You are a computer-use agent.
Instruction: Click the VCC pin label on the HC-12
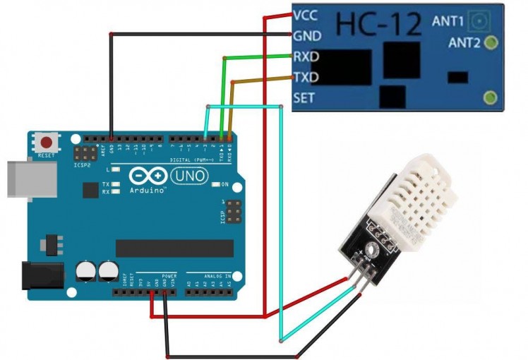[x=306, y=15]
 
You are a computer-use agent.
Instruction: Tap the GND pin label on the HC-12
[x=306, y=35]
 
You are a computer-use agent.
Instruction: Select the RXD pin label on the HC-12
[x=306, y=56]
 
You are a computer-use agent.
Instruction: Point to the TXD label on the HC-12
[x=306, y=77]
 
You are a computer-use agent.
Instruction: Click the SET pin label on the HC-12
[x=304, y=98]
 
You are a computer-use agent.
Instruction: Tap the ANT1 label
[x=448, y=20]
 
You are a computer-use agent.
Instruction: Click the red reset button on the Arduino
[x=47, y=142]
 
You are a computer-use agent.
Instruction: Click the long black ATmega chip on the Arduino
[x=174, y=248]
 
